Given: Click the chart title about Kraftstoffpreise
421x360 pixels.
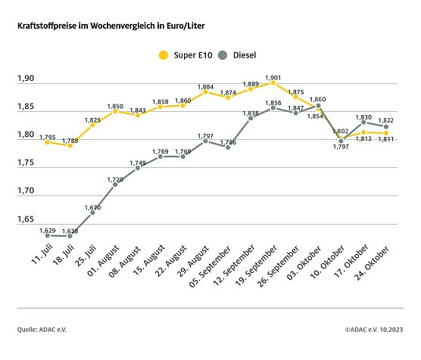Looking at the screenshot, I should point(111,26).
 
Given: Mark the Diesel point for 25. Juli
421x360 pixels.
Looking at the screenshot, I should point(92,213).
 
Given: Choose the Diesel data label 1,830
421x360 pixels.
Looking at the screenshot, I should point(365,117).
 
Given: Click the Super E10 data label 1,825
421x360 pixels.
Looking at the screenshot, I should point(92,119).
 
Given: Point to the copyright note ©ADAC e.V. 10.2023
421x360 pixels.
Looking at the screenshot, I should point(374,330).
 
